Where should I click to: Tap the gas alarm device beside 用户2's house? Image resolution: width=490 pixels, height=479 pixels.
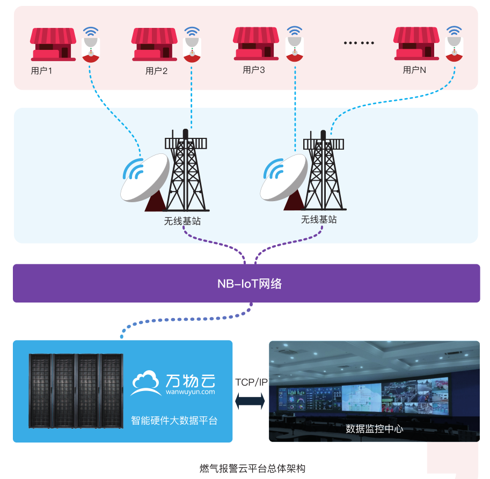(x=192, y=47)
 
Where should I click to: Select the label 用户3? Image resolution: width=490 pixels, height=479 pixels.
(x=254, y=70)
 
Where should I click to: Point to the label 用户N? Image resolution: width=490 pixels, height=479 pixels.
(x=414, y=70)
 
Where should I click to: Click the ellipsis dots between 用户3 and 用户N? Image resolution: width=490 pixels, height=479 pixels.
(x=359, y=43)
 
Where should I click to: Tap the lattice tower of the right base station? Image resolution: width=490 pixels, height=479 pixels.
(x=324, y=172)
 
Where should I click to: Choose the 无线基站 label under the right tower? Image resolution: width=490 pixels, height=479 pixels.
(x=319, y=219)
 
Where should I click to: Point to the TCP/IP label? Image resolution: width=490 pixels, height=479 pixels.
(x=251, y=382)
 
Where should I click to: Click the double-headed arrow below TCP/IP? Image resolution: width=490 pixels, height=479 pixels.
(x=251, y=400)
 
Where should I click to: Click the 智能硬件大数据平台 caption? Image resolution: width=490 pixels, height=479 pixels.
(x=174, y=420)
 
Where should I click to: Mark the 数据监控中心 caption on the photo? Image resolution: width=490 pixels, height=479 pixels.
(x=374, y=429)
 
